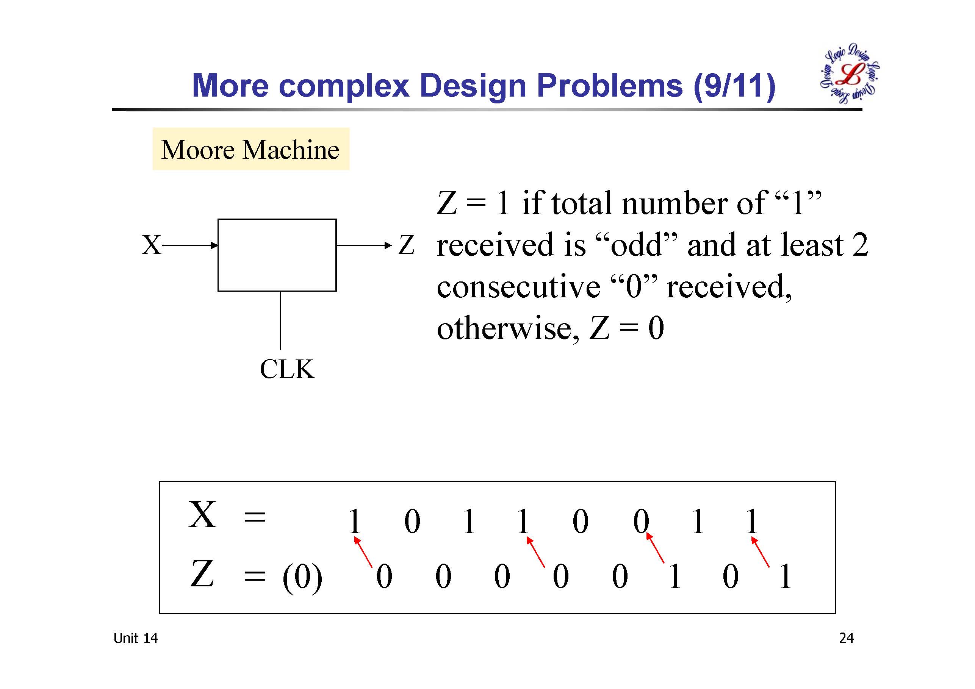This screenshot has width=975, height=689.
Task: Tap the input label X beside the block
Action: point(151,245)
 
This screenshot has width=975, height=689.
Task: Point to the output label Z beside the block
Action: point(406,245)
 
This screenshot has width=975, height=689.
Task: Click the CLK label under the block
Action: point(287,369)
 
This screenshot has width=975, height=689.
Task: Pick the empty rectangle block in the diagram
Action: point(277,255)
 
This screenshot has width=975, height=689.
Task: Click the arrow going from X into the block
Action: point(190,245)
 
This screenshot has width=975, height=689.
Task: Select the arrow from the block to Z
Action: point(363,245)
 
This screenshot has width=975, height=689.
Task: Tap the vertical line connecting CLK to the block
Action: point(280,320)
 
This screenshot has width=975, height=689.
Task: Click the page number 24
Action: point(846,638)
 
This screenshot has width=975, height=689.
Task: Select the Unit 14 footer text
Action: point(135,638)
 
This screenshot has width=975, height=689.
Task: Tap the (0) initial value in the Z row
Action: point(302,577)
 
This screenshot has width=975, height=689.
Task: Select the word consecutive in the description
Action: point(518,287)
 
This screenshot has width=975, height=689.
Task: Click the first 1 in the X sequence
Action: point(354,521)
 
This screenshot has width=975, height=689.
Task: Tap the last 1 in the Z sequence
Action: point(785,576)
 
